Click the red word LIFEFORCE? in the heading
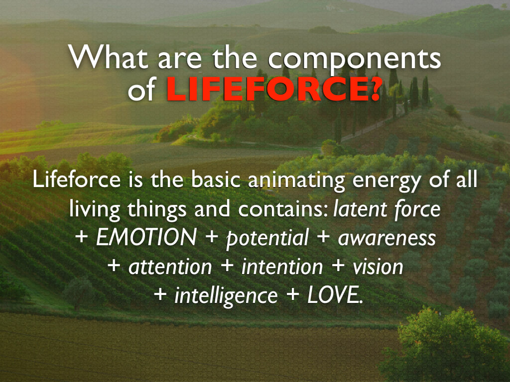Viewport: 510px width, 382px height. (273, 89)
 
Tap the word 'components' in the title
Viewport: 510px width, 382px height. (354, 61)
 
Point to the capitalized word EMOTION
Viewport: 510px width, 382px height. (146, 237)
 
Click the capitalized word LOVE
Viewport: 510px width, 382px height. (335, 295)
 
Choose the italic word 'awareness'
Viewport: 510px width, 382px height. (386, 238)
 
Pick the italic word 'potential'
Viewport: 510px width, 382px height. (267, 238)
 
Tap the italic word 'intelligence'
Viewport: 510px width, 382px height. (226, 296)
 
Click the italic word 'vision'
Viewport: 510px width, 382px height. (378, 267)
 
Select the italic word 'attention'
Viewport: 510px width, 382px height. (170, 267)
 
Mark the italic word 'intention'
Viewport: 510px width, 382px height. (282, 267)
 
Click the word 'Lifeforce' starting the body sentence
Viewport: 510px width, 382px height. (76, 179)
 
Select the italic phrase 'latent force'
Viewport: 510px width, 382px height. (386, 209)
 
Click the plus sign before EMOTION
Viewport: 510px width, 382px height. (81, 237)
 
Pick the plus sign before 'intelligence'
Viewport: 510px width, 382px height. (160, 294)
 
